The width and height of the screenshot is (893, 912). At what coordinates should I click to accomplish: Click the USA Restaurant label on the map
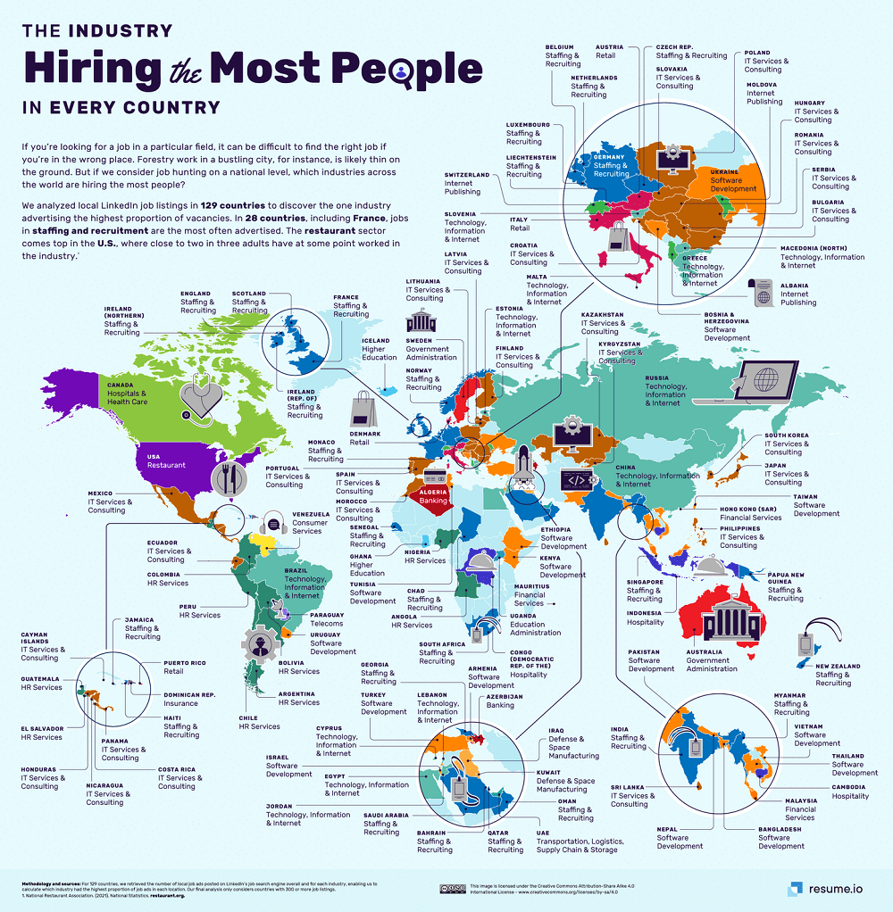point(166,460)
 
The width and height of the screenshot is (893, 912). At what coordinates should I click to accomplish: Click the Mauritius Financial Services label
point(529,594)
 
